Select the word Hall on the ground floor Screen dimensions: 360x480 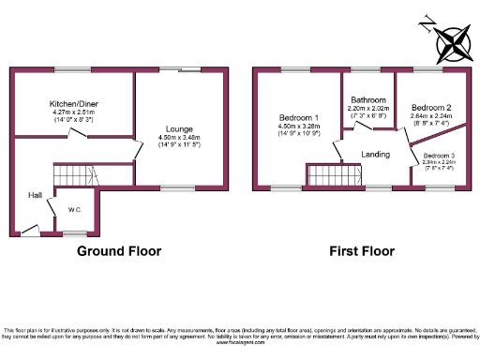tap(34, 195)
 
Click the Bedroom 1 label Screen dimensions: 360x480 tap(298, 117)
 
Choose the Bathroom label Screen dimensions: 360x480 tap(368, 99)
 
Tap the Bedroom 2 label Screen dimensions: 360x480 tap(431, 107)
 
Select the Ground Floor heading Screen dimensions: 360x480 tap(119, 251)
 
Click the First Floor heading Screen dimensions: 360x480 tap(360, 251)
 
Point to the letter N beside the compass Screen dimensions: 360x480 tap(427, 22)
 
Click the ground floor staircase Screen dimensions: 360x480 tap(72, 174)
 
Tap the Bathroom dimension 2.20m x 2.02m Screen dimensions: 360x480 tap(368, 108)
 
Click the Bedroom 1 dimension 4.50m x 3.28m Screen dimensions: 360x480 tap(298, 127)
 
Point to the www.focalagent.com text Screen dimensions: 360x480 tap(240, 346)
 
